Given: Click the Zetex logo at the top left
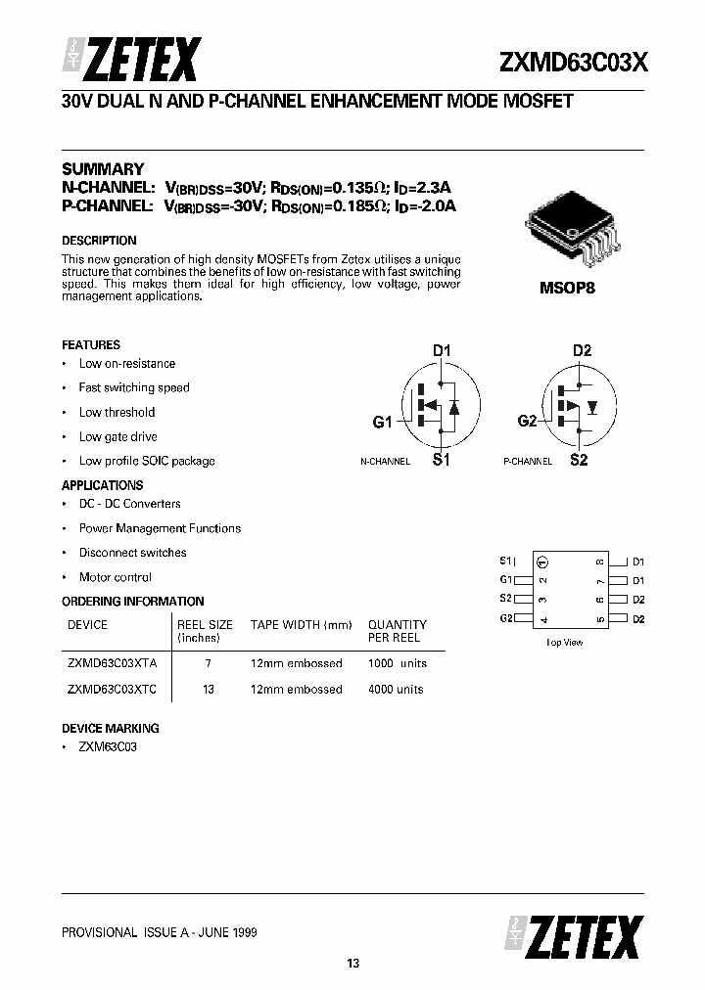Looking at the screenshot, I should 132,60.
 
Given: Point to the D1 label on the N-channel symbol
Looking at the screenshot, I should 442,350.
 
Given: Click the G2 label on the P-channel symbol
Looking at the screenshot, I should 528,421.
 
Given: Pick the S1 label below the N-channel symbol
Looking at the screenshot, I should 441,460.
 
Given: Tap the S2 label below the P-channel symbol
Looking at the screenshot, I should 579,460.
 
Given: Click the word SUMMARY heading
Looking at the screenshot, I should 103,168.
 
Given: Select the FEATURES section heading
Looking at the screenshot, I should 91,345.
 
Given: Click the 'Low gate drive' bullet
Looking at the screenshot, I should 117,436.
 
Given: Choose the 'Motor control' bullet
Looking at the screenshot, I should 115,577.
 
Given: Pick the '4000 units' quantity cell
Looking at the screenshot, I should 396,689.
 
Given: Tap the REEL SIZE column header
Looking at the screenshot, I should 205,625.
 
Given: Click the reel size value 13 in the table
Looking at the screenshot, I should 208,689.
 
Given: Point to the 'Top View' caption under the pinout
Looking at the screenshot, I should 564,643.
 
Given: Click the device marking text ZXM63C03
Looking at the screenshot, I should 108,746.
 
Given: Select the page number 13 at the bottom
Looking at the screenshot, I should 352,965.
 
